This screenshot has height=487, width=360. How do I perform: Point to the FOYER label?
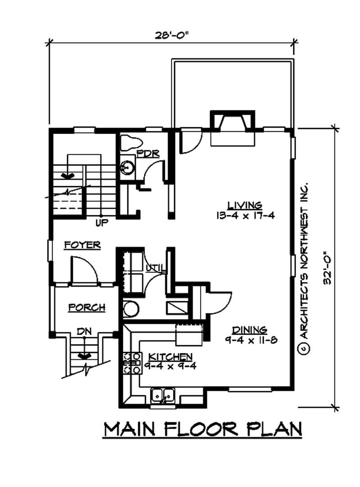click(82, 245)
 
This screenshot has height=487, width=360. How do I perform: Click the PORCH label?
click(86, 308)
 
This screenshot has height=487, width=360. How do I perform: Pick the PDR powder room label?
click(148, 153)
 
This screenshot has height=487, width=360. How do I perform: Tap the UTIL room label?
click(156, 269)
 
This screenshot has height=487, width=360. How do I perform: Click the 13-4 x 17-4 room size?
click(244, 215)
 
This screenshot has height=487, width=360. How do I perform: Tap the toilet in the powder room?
click(130, 143)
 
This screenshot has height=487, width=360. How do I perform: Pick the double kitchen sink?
click(163, 394)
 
